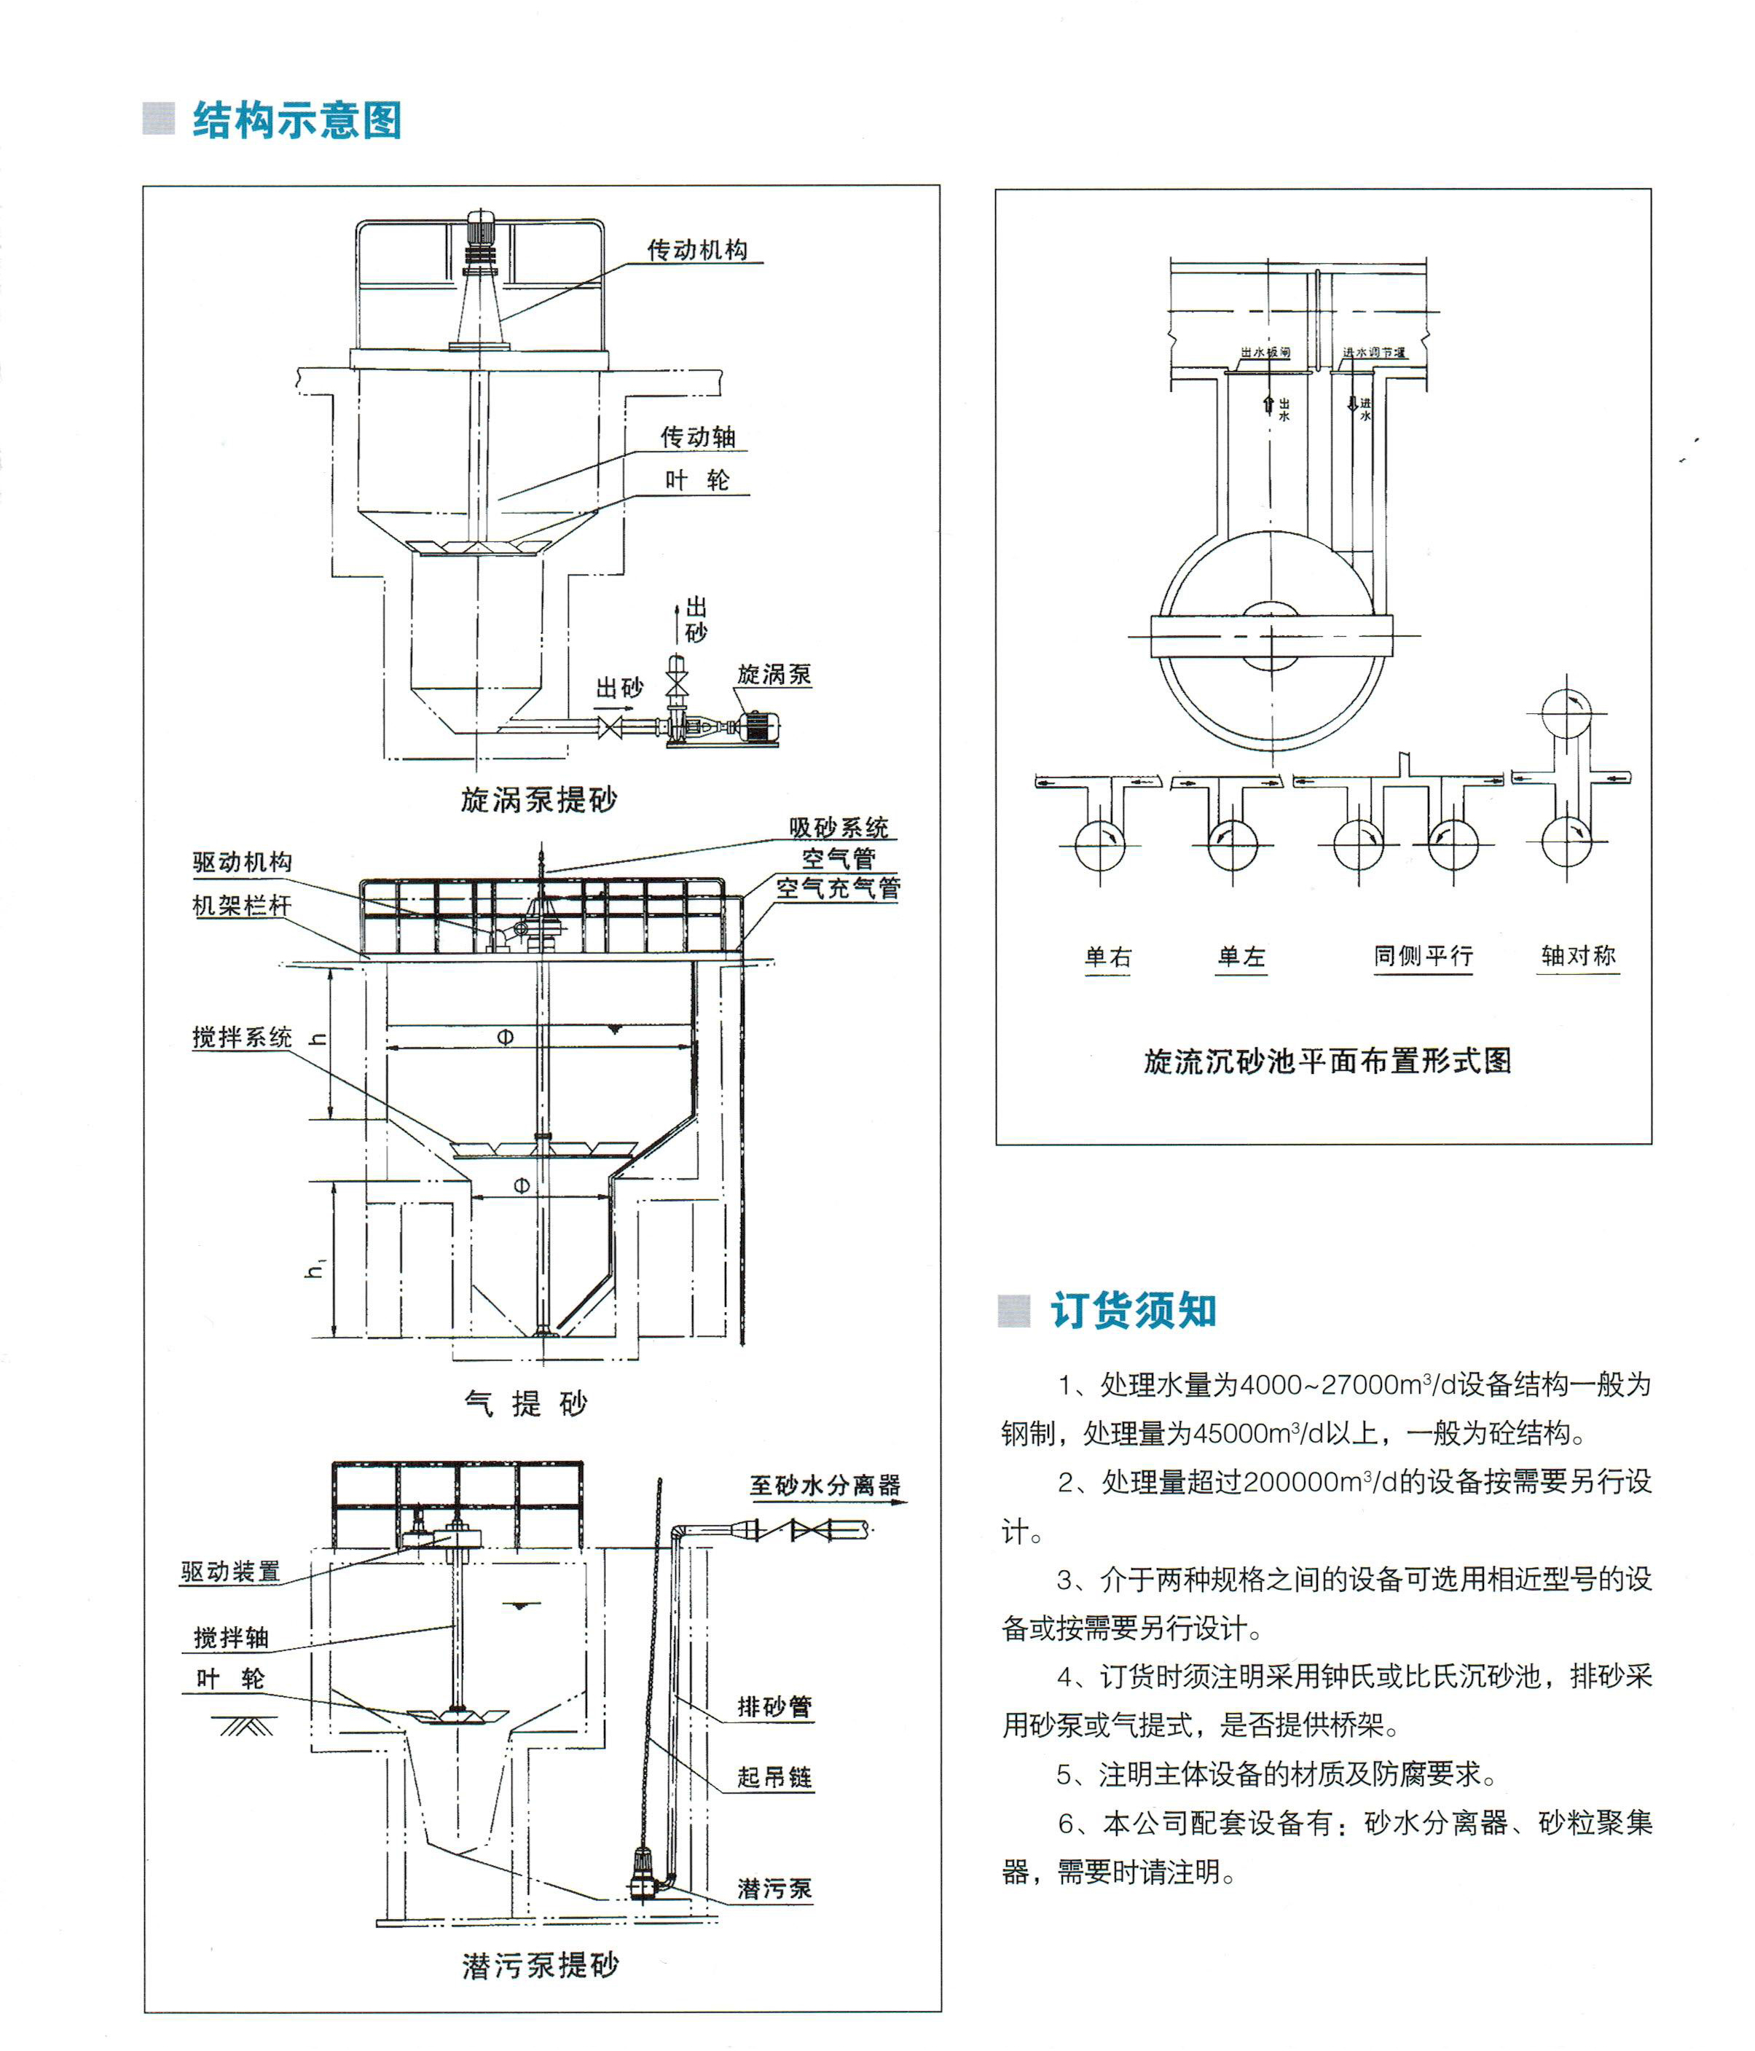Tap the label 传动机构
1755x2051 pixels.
697,251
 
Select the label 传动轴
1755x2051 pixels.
698,436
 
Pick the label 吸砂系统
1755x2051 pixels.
839,828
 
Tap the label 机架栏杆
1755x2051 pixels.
242,905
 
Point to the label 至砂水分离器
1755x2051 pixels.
825,1485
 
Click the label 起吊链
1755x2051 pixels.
774,1777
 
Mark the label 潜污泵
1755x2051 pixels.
774,1889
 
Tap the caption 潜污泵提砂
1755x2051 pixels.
539,1966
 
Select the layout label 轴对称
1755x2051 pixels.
1578,955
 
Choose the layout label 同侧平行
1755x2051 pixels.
1422,956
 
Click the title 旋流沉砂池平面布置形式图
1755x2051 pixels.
1327,1061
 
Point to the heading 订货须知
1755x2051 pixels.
1134,1309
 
